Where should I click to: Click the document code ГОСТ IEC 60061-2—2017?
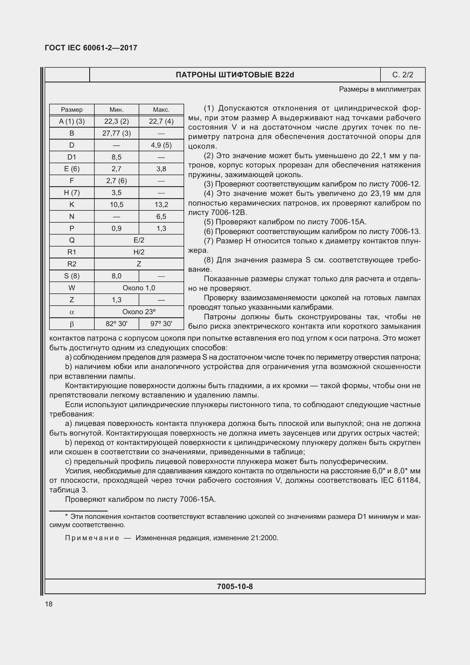coord(91,48)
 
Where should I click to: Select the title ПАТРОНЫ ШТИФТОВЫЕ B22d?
coord(235,75)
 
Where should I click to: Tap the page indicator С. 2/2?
coord(403,75)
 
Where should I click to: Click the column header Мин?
coord(116,110)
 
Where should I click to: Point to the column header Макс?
coord(161,110)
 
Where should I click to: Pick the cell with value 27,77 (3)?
coord(116,133)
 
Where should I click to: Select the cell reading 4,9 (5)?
coord(161,145)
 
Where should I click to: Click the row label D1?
coord(72,157)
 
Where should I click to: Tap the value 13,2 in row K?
coord(161,204)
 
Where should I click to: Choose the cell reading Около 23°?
coord(139,312)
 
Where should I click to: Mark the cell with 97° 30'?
coord(161,324)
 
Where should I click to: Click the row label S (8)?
coord(72,276)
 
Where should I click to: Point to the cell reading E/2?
coord(139,240)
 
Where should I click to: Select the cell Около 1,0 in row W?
coord(139,288)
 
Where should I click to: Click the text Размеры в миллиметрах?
coord(380,90)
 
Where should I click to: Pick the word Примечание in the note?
coord(92,538)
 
